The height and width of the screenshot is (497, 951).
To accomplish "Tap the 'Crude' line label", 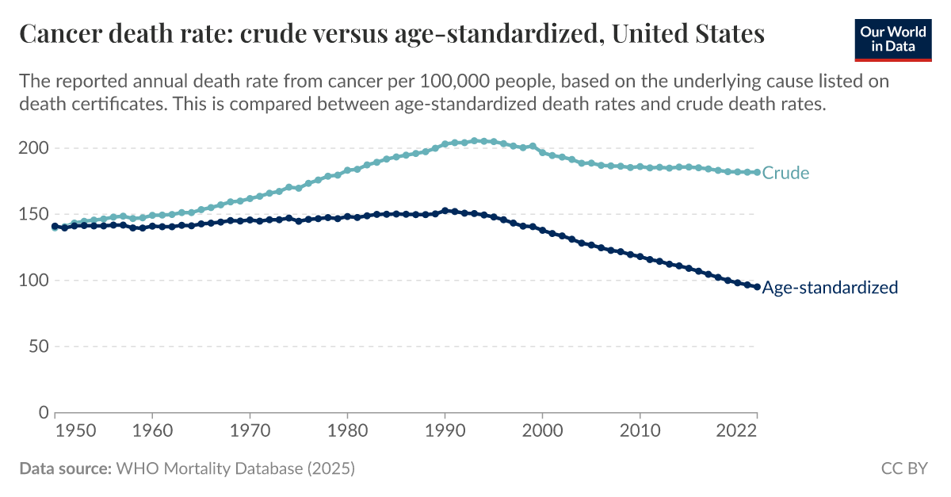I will coord(785,173).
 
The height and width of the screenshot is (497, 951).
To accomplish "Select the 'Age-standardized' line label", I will coord(830,288).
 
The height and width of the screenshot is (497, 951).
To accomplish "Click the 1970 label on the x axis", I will coord(250,431).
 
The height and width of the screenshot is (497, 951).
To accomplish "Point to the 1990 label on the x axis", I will coord(445,431).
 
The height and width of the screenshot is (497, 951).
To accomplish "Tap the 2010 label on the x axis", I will coord(640,431).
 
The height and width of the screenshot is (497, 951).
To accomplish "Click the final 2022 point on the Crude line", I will coord(757,172).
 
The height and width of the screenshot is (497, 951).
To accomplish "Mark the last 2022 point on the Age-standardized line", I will coord(757,287).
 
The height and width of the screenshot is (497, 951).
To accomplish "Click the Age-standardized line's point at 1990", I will coord(445,211).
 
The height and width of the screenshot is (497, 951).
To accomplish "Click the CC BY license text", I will coord(903,468).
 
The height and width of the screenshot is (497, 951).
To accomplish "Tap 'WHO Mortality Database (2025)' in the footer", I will coord(235,468).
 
